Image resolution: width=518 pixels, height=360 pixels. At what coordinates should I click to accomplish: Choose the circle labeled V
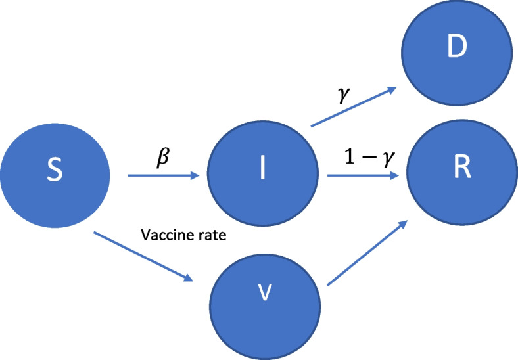point(260,294)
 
